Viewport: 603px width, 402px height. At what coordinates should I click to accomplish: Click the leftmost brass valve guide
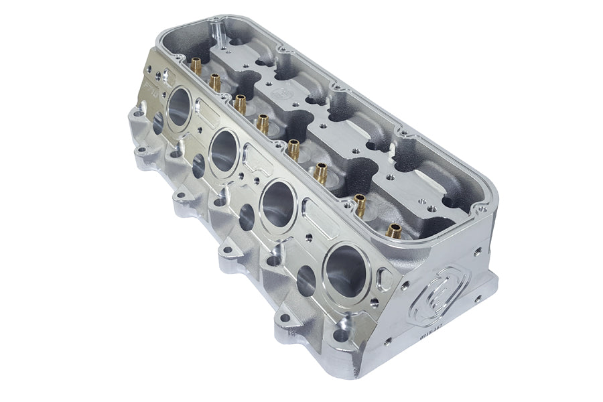point(196,66)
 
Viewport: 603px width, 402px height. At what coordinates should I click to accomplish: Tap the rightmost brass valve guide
point(394,232)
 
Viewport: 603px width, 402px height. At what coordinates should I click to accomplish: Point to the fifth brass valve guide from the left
point(293,149)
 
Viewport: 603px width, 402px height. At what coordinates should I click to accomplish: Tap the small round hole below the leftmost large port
point(159,123)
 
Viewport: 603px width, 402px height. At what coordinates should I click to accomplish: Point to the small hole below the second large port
point(199,166)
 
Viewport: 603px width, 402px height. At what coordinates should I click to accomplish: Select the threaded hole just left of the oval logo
point(406,284)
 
